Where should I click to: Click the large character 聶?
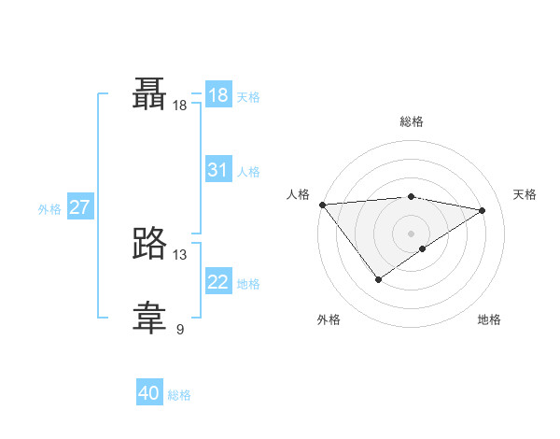[149, 93]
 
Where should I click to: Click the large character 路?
[149, 243]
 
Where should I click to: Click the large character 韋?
[149, 318]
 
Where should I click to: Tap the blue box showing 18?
[218, 95]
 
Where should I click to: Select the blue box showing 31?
[218, 170]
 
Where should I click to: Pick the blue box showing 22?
[218, 282]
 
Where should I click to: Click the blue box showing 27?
[79, 207]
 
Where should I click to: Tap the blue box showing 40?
[149, 394]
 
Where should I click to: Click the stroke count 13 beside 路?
[180, 254]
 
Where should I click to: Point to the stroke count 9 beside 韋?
[180, 329]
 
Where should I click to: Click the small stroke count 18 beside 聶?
[180, 106]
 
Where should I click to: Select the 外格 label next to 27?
[49, 209]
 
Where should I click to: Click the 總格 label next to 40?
[179, 395]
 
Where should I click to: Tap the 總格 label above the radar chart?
[411, 121]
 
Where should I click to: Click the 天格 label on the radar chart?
[525, 194]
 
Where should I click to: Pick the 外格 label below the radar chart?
[329, 320]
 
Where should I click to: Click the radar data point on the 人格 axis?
[322, 205]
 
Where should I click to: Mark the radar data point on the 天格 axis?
[483, 210]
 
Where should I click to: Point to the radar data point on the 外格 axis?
[378, 279]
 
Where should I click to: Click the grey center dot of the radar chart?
[411, 233]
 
